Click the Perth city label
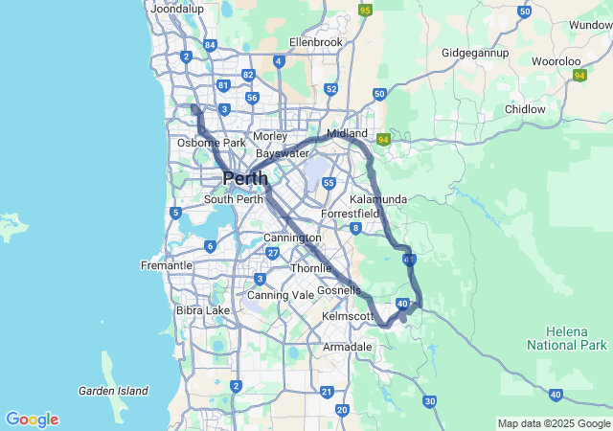245,178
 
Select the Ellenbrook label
316,42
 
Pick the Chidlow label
525,109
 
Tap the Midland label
347,133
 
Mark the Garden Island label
113,391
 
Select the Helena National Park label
567,337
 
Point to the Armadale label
346,346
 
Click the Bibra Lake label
203,310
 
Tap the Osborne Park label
212,143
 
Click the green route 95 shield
365,11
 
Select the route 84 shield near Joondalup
210,44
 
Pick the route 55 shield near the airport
329,183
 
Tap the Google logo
32,420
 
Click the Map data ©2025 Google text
554,423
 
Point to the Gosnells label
339,290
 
